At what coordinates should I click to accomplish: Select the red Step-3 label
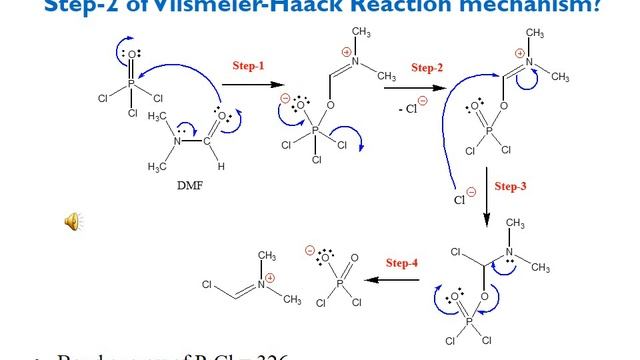[x=510, y=188]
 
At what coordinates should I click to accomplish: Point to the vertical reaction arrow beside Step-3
[x=487, y=200]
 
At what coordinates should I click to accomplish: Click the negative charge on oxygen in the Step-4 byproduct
[x=310, y=251]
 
